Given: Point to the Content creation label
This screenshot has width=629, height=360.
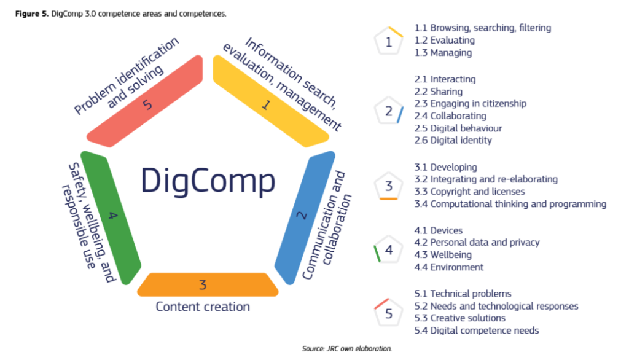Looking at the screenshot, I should click(x=203, y=307).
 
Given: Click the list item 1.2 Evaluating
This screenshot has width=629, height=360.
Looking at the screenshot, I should click(x=444, y=40).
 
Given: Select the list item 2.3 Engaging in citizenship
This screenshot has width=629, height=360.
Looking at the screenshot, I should click(x=470, y=104).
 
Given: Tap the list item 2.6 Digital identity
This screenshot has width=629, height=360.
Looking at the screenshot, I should click(x=453, y=141).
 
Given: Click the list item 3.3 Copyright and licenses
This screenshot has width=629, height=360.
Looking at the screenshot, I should click(x=469, y=192).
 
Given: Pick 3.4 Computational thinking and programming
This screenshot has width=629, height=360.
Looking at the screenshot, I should click(x=510, y=204).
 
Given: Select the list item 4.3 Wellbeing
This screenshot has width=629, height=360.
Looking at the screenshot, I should click(x=443, y=255).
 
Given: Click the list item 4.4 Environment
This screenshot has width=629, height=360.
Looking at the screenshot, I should click(x=448, y=267).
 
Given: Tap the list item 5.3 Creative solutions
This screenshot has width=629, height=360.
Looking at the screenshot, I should click(x=459, y=318).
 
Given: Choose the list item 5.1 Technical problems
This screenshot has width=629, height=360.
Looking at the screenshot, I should click(x=463, y=294).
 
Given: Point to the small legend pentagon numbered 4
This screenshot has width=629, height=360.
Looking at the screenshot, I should click(x=388, y=250).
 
